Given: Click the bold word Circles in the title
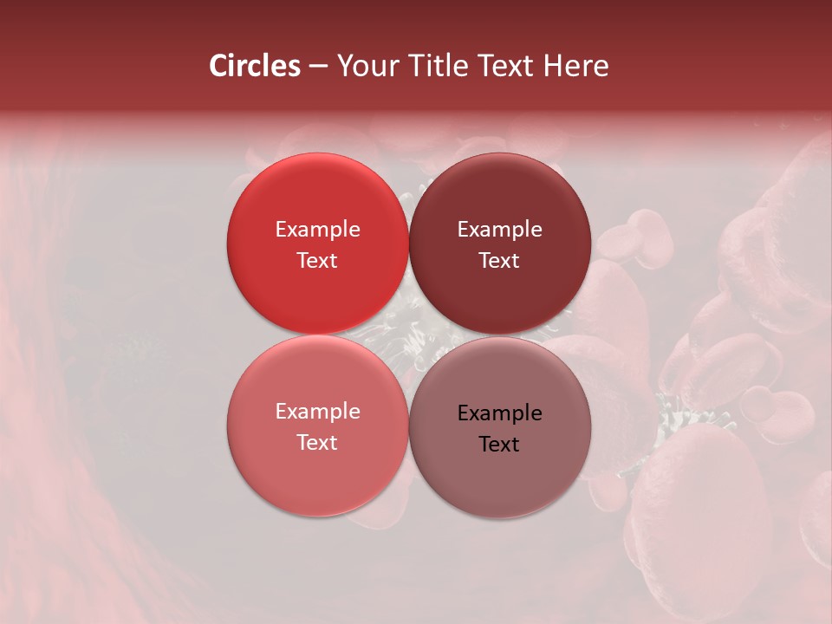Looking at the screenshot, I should coord(255,66).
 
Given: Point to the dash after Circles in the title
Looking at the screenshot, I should coord(318,67).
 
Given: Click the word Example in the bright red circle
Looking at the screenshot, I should coord(317,230).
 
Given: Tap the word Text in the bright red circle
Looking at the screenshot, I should coord(317,261).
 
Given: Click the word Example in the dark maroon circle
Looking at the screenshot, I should coord(500,230).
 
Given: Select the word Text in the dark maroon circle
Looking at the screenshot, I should coord(500,261).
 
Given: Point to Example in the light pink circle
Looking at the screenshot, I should coord(317,412).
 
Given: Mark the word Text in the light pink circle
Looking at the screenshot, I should coord(317,443).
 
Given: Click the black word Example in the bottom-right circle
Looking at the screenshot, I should coord(500,413).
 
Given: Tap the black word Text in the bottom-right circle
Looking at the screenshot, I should coord(500,445).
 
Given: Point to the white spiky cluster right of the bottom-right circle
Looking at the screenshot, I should coord(685,416).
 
